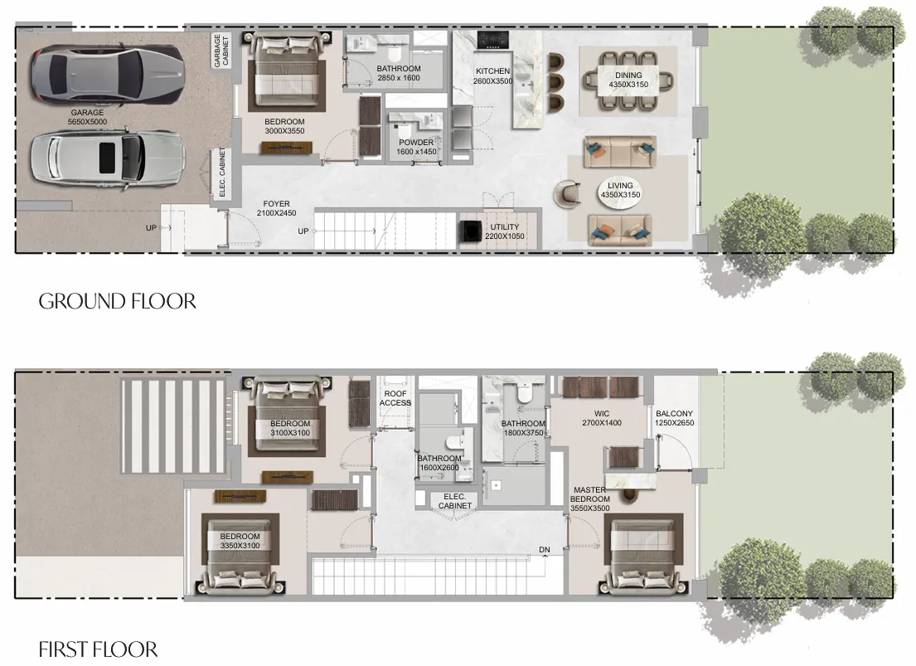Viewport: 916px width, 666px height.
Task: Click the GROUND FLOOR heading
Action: tap(118, 301)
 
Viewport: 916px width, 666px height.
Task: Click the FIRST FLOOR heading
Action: tap(98, 649)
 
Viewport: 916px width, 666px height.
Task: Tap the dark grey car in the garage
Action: tap(108, 76)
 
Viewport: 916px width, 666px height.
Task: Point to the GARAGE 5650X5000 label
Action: tap(88, 117)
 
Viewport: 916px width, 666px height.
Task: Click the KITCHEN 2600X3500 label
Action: tap(492, 76)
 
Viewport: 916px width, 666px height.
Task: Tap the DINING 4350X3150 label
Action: tap(628, 80)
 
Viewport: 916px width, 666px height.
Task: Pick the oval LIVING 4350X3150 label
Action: tap(620, 190)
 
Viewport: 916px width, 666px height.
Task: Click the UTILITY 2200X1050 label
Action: tap(505, 231)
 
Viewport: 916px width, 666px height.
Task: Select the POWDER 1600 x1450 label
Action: tap(416, 147)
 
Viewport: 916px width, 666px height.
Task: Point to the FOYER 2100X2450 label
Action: tap(276, 208)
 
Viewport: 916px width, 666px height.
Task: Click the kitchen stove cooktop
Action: tap(492, 40)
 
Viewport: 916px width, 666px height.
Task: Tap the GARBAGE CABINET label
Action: tap(221, 51)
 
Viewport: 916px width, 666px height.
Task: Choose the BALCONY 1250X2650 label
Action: tap(675, 418)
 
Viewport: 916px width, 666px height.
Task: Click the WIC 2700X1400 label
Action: tap(602, 418)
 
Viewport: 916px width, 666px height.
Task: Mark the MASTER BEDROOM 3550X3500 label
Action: tap(590, 498)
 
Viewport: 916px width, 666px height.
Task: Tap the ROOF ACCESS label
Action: tap(395, 398)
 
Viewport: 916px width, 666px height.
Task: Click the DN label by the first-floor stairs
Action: tap(545, 550)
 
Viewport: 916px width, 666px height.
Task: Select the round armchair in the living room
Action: tap(567, 193)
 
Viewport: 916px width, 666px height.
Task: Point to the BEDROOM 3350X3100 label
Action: tap(240, 541)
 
